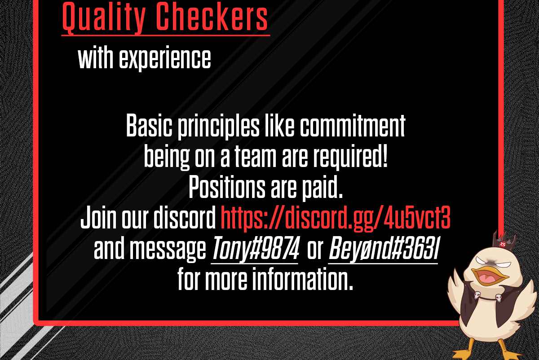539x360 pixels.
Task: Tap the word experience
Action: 165,58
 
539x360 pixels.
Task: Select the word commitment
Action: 353,126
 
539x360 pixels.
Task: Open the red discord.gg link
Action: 336,218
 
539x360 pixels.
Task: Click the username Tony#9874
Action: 256,248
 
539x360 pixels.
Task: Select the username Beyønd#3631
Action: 384,248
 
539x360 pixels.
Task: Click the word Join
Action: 98,217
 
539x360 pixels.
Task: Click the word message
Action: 168,250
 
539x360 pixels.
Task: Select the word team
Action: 255,157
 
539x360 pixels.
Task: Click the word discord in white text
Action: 185,217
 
